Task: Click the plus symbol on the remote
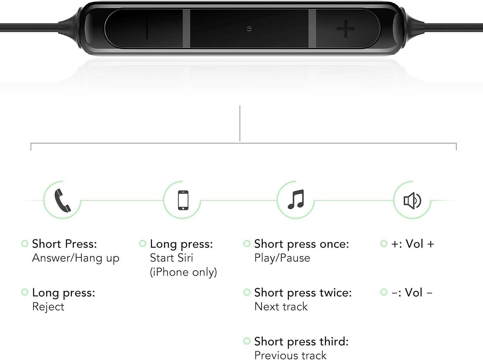pos(346,29)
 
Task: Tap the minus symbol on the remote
pos(147,29)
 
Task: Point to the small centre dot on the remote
pos(249,29)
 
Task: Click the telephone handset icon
pos(62,201)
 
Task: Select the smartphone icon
pos(183,200)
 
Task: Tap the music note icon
pos(296,199)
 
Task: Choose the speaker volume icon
pos(412,200)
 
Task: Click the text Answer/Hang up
pos(76,258)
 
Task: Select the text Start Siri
pos(171,258)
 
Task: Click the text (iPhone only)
pos(183,272)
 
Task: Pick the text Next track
pos(281,307)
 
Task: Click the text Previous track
pos(290,355)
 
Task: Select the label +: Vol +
pos(412,244)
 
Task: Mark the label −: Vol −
pos(412,292)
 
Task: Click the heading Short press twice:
pos(303,293)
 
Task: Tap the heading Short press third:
pos(301,342)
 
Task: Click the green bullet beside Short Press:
pos(25,244)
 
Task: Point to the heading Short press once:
pos(302,245)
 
